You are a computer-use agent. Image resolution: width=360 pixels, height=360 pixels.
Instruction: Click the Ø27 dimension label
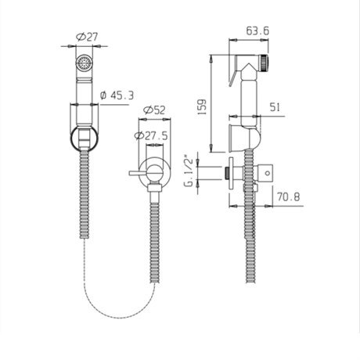pyautogui.click(x=87, y=37)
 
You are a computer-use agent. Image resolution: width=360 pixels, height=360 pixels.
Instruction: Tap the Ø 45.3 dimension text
pyautogui.click(x=117, y=95)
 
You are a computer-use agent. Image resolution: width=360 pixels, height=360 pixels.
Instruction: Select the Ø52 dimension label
pyautogui.click(x=154, y=110)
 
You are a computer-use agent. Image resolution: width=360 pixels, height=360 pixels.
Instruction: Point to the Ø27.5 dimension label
pyautogui.click(x=151, y=135)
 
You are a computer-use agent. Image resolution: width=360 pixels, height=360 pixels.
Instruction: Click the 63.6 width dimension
pyautogui.click(x=257, y=31)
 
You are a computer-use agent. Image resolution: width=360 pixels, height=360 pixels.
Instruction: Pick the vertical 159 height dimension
pyautogui.click(x=202, y=107)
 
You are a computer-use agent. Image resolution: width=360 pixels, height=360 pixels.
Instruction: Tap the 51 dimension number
pyautogui.click(x=275, y=107)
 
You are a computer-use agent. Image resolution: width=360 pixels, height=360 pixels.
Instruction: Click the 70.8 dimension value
pyautogui.click(x=289, y=196)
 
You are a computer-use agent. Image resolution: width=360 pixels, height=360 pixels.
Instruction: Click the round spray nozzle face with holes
pyautogui.click(x=84, y=63)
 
